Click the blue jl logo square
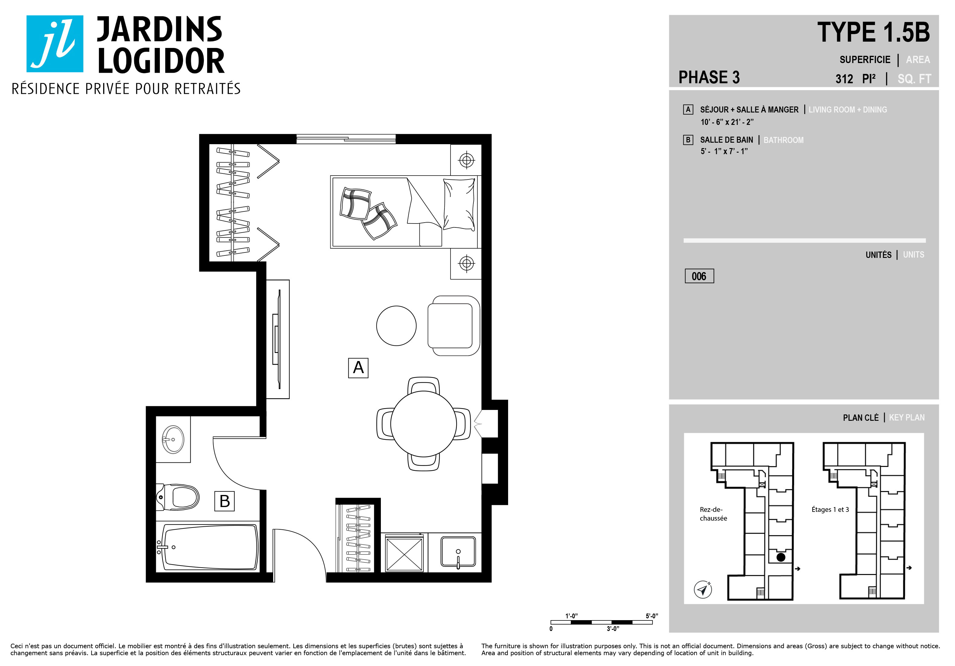(x=55, y=44)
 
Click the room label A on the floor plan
(x=358, y=368)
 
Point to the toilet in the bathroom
(x=178, y=497)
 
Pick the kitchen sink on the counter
(x=458, y=552)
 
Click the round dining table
(x=423, y=424)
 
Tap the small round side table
(x=397, y=326)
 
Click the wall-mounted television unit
(x=278, y=339)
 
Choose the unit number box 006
(x=699, y=276)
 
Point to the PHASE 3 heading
(x=709, y=78)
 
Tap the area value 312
(x=844, y=79)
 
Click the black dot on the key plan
(x=781, y=557)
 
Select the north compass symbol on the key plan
(x=703, y=589)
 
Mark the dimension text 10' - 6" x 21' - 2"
(x=727, y=122)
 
